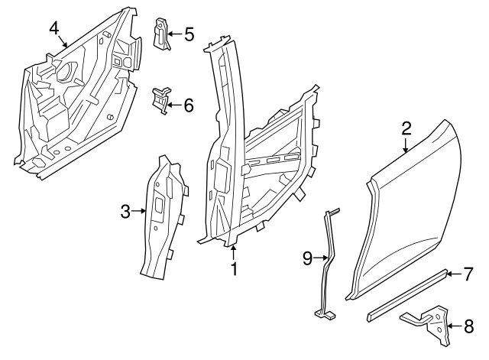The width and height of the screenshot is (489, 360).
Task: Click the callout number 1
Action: coord(235,269)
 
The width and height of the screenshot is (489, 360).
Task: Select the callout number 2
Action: coord(406,128)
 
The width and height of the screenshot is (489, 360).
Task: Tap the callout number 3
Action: coord(126,212)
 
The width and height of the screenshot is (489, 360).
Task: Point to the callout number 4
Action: coord(54,28)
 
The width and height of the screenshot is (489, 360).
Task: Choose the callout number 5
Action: coord(189,34)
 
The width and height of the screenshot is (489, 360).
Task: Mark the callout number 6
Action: coord(189,105)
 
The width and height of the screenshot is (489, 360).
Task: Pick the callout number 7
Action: coord(469,273)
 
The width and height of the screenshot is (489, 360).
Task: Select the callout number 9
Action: coord(307,258)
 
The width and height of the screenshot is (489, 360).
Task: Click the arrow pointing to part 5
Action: coord(175,34)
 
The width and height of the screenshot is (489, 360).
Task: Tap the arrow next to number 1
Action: coord(235,254)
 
